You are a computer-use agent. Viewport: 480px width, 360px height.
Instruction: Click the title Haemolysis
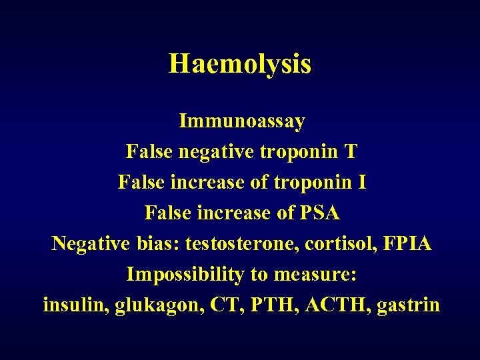(x=240, y=64)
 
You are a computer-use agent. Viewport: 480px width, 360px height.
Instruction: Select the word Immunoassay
(x=242, y=122)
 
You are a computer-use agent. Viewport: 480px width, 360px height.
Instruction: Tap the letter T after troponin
(x=350, y=152)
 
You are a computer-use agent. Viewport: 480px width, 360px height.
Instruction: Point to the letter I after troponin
(x=362, y=182)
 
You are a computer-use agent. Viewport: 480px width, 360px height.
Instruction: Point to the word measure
(x=317, y=275)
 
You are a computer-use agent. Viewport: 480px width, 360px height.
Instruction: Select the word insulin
(x=75, y=305)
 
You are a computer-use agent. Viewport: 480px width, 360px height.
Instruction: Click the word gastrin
(x=408, y=306)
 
